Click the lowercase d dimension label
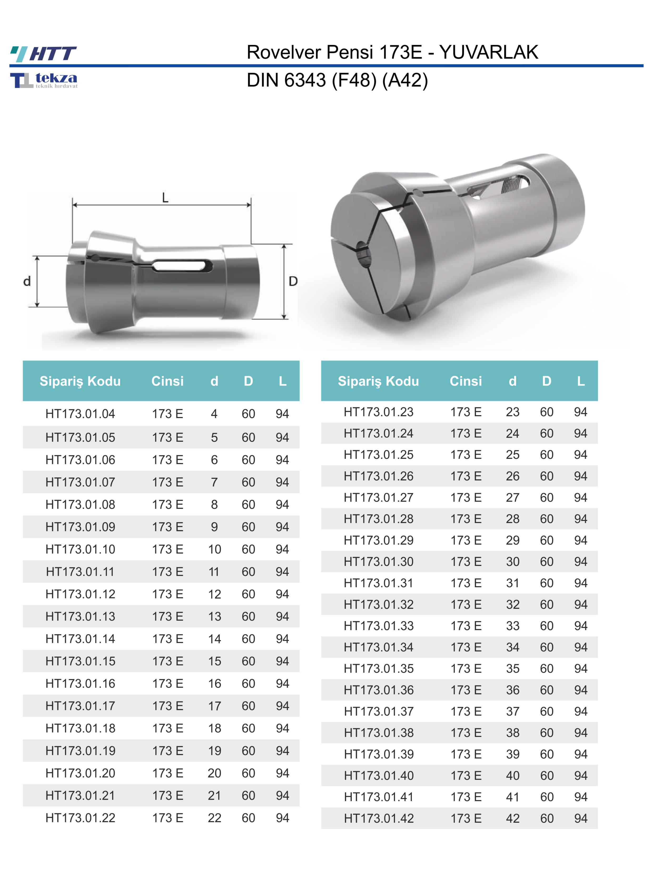coord(27,281)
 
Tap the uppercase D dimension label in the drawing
coord(293,281)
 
